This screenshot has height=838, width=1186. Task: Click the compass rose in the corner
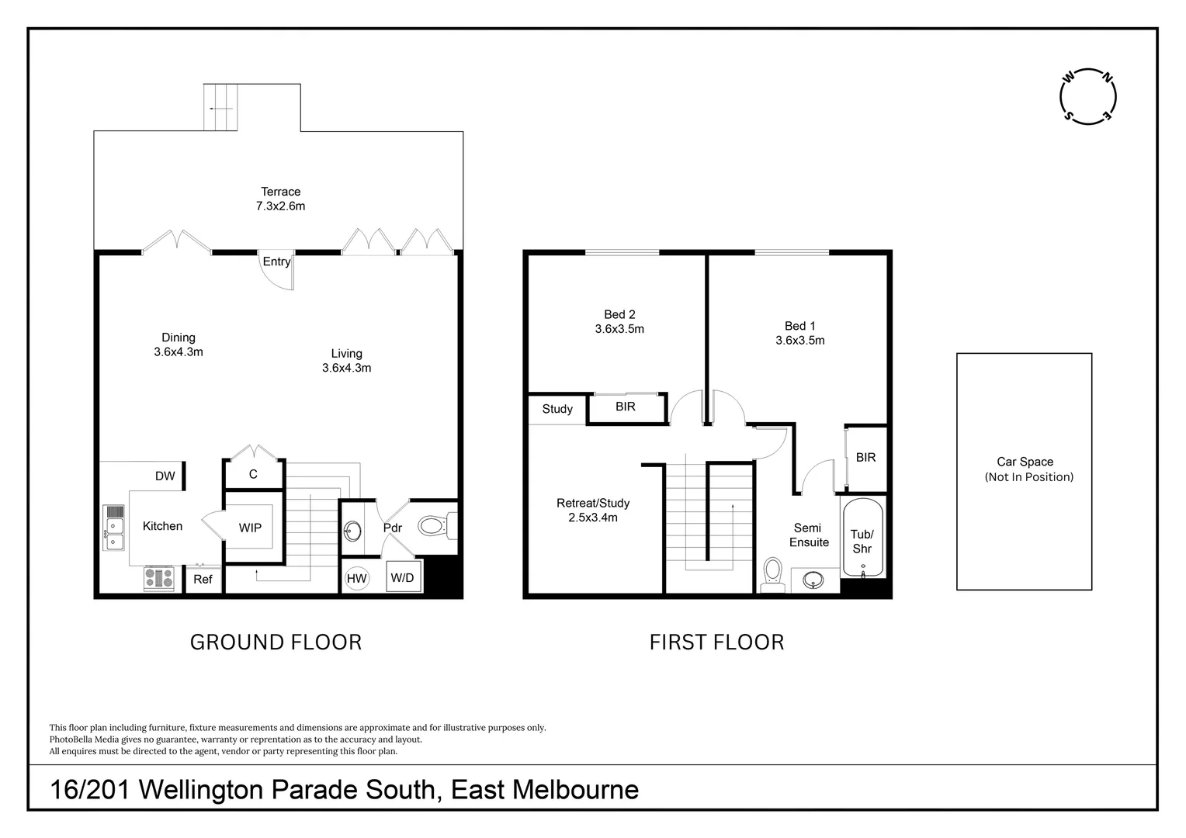[x=1087, y=96]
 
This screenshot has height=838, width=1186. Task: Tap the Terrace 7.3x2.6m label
[x=281, y=199]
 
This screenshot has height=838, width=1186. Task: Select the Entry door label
[x=276, y=261]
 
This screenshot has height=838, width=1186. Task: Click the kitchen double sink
[x=114, y=534]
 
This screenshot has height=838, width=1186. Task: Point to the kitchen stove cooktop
[x=158, y=578]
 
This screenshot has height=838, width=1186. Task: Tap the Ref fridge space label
[x=203, y=580]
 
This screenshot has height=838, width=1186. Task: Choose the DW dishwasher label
[x=165, y=476]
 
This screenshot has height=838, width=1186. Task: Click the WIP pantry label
[x=250, y=528]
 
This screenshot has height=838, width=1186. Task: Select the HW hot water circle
[x=356, y=578]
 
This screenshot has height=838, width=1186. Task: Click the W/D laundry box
[x=402, y=578]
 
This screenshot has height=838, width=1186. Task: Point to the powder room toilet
[x=435, y=527]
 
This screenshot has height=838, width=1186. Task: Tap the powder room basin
[x=352, y=532]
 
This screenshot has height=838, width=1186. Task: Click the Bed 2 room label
[x=619, y=321]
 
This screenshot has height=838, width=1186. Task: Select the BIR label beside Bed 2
[x=625, y=407]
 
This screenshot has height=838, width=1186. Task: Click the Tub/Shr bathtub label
[x=862, y=542]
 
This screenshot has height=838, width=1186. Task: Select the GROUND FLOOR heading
[x=276, y=642]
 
